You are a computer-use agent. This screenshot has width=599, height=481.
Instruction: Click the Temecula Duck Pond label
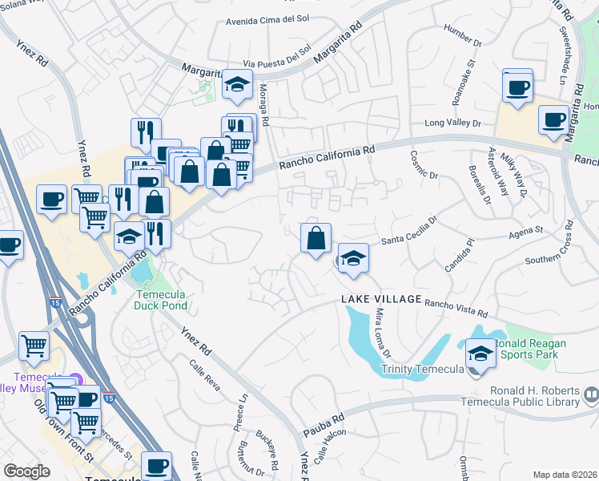point(160,300)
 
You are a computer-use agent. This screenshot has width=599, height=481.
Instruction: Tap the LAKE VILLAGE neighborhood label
point(381,299)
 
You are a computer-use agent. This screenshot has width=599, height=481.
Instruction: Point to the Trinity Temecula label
point(423,370)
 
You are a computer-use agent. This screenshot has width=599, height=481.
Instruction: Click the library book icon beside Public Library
point(591,394)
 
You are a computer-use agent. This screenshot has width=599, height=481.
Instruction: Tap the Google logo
point(26,471)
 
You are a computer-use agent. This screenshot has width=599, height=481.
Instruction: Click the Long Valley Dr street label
point(452,123)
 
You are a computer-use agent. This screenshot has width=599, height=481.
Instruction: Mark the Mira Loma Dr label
point(382,333)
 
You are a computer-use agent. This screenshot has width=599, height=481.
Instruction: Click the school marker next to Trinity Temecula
point(480,353)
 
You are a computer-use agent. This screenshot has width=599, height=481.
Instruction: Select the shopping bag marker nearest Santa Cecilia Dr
point(316,238)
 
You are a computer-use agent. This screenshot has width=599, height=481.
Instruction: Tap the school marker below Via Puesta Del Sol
point(237,85)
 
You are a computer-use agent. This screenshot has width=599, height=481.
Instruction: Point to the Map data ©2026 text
point(565,475)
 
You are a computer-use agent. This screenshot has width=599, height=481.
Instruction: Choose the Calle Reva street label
point(205,374)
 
